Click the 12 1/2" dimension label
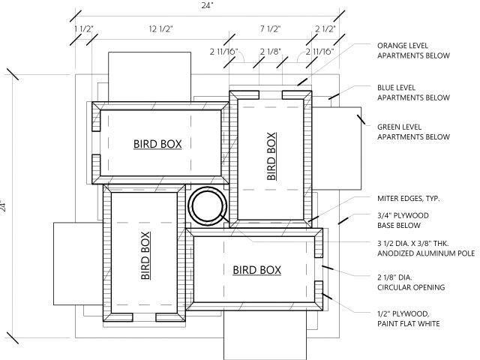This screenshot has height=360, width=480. click(161, 29)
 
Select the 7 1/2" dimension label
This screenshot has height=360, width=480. click(271, 29)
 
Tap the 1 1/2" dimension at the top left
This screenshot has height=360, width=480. click(84, 29)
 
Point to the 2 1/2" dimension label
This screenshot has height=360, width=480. click(325, 29)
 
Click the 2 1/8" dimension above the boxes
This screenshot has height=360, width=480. click(271, 52)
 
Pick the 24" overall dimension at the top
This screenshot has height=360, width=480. click(207, 5)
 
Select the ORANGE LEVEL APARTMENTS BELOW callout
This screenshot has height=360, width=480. click(413, 50)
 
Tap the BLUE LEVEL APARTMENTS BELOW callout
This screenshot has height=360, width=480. click(413, 92)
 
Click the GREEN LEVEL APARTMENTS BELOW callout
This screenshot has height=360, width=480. click(413, 132)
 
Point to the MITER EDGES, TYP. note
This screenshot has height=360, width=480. click(408, 198)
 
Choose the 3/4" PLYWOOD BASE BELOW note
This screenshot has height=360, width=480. click(403, 220)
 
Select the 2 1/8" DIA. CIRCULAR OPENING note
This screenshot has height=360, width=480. click(411, 282)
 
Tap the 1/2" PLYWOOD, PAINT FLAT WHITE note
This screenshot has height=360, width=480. click(408, 319)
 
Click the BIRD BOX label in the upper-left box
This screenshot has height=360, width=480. click(157, 144)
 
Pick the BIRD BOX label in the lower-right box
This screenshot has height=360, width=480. click(256, 270)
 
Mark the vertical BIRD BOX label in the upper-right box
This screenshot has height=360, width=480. click(271, 156)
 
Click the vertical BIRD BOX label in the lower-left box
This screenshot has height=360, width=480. click(145, 256)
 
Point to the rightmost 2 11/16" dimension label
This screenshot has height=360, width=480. click(320, 52)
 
